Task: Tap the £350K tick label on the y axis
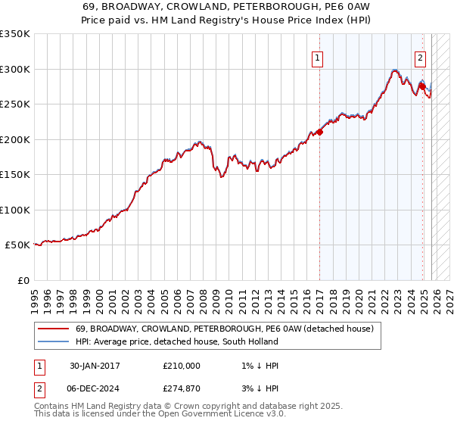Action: click(x=15, y=34)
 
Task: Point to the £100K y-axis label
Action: click(x=15, y=210)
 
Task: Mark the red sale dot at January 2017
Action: click(x=320, y=132)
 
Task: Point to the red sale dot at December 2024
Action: click(x=421, y=86)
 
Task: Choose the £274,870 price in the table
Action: click(x=181, y=388)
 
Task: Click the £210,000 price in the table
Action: click(x=181, y=366)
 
